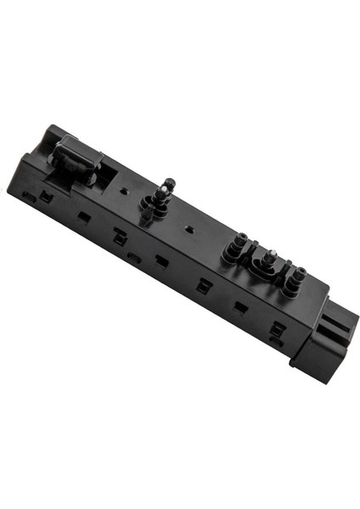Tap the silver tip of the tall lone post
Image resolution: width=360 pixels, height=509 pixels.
pos(170,182)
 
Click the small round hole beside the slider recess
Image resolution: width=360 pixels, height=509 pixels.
pos(125,192)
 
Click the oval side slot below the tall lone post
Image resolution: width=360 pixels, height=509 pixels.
pos(133,255)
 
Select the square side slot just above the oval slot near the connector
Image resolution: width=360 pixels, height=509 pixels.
pos(277,327)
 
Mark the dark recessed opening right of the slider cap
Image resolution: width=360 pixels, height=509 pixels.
pos(106,174)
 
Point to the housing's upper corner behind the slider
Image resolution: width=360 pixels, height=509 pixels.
pos(53,131)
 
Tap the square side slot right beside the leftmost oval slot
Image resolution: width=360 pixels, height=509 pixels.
pos(46,198)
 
